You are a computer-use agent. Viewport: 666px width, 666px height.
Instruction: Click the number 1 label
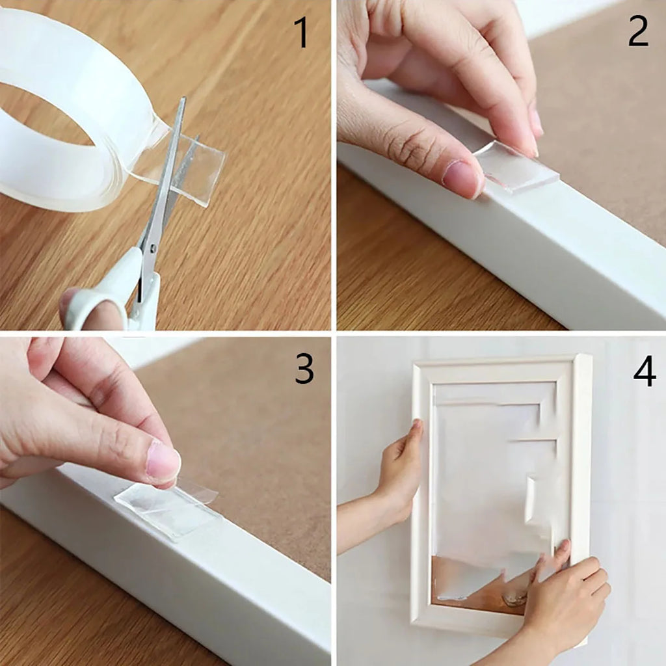point(302,33)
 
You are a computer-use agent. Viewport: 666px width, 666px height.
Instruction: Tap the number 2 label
point(637,30)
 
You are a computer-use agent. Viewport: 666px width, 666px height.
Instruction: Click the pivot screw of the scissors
point(152,248)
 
